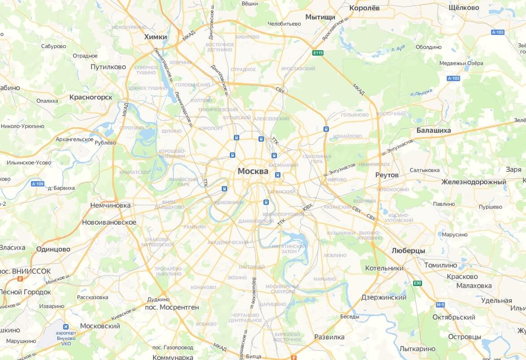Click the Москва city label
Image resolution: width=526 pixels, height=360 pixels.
click(253, 171)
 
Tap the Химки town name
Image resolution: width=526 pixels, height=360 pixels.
click(155, 37)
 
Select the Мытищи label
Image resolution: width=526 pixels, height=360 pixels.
click(320, 17)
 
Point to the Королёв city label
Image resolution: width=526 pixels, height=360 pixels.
click(364, 8)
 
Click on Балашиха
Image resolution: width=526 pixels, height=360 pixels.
click(433, 130)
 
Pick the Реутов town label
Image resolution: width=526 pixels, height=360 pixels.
click(387, 175)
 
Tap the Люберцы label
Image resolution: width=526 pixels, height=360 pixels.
click(408, 251)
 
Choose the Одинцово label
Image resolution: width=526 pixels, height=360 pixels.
click(53, 249)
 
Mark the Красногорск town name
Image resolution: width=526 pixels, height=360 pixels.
click(91, 97)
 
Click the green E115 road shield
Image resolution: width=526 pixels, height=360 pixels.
click(318, 53)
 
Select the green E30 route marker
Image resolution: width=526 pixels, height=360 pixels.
click(417, 283)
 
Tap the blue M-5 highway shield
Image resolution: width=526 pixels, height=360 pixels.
click(440, 305)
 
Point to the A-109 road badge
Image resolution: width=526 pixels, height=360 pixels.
click(38, 184)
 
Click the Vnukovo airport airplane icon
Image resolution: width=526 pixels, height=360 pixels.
click(66, 326)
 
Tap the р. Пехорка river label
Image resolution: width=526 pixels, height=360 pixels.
click(421, 92)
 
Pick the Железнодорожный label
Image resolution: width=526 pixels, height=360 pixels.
click(473, 182)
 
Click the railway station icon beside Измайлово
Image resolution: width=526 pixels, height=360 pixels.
click(326, 129)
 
